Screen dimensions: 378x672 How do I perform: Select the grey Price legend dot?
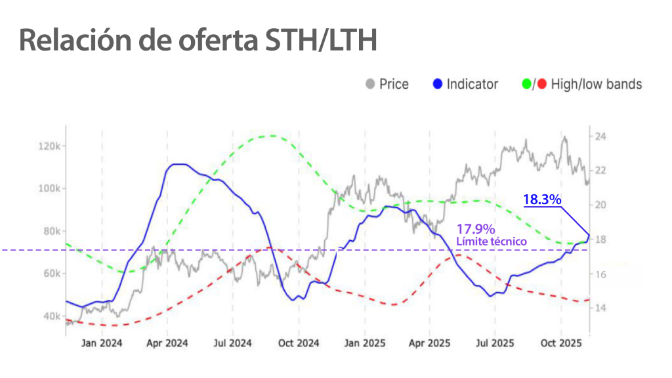(x=371, y=84)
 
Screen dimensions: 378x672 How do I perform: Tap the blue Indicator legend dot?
(x=438, y=84)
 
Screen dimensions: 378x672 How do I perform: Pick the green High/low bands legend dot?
(x=526, y=84)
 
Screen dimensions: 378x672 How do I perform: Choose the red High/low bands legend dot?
(x=541, y=84)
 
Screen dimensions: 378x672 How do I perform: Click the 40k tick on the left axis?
(x=52, y=316)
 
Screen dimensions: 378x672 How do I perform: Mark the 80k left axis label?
(x=52, y=231)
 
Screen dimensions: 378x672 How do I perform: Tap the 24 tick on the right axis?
(x=600, y=136)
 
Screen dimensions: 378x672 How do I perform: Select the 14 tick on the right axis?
(x=600, y=308)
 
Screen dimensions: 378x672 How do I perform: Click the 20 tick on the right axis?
(x=600, y=205)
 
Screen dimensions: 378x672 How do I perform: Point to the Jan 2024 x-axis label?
(x=102, y=343)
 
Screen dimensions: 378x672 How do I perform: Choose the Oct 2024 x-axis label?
(x=299, y=343)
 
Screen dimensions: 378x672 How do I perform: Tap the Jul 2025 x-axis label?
(x=495, y=343)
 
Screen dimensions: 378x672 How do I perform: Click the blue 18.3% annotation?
(x=542, y=199)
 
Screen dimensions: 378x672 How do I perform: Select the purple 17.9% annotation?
(x=474, y=230)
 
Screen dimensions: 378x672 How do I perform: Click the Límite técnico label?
(x=492, y=241)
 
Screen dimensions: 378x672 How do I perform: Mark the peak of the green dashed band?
(x=270, y=136)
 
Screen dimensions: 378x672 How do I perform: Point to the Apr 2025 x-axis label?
(x=429, y=343)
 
